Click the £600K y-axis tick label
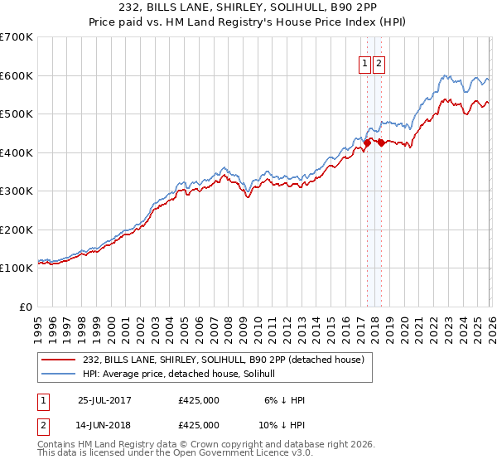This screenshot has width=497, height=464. tap(17, 75)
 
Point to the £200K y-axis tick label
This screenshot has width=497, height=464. tap(17, 230)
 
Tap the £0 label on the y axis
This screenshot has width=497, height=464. tap(27, 307)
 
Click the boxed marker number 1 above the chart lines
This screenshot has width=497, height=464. tap(364, 64)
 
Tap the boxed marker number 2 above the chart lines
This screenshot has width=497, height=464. tap(379, 64)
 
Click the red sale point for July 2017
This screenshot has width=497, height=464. tap(367, 143)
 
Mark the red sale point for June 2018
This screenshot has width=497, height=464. tap(380, 143)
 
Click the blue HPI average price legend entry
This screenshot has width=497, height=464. tap(184, 374)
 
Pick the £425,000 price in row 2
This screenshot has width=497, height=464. tap(198, 427)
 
